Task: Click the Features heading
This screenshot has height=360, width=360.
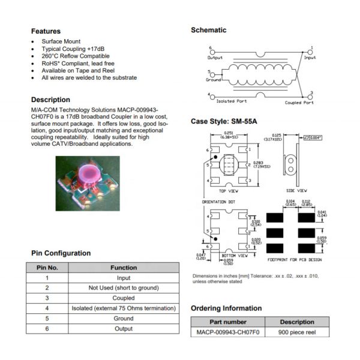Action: [46, 31]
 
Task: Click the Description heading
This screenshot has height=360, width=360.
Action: [50, 100]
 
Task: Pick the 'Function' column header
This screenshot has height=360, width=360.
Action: [124, 268]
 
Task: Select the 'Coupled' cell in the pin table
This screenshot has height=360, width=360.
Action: [124, 298]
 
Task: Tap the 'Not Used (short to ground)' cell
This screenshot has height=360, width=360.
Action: [124, 288]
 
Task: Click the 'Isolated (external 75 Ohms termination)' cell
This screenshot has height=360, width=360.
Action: [124, 308]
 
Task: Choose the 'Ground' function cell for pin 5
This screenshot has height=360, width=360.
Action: [124, 319]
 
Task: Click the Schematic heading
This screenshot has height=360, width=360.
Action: [208, 30]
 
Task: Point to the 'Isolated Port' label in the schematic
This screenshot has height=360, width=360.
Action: [231, 101]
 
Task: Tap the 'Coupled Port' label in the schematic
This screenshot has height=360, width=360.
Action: [299, 102]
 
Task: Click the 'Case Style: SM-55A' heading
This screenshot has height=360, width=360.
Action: [224, 121]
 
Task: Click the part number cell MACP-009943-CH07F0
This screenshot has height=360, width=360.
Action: [227, 332]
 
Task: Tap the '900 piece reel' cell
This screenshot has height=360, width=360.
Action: [297, 332]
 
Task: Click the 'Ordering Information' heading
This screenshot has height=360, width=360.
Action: [226, 308]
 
